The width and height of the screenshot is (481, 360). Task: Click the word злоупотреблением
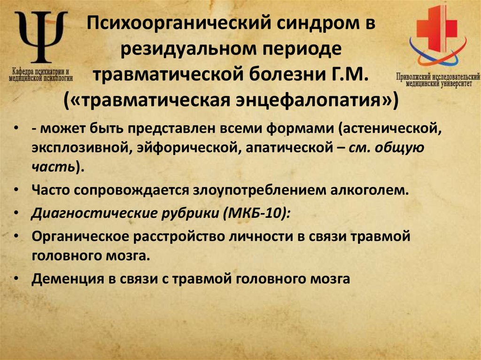click(240, 191)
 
